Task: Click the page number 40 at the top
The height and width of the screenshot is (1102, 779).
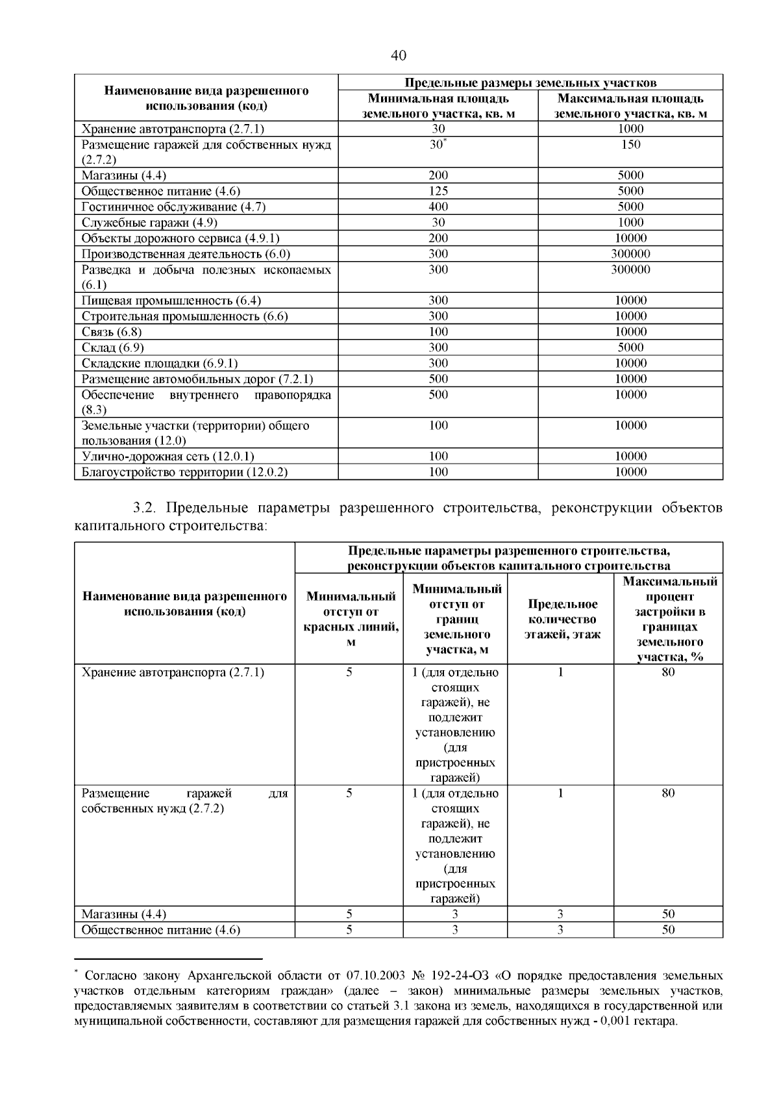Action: (x=399, y=56)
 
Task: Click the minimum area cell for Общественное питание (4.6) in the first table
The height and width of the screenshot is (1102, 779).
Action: (x=438, y=191)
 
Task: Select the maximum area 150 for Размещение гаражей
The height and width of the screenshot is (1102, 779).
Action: (x=630, y=144)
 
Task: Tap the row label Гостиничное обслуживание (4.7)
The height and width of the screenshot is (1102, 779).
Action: (x=173, y=207)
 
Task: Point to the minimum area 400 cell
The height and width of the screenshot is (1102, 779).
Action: (x=438, y=207)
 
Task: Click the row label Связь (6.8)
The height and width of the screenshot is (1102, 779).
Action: (x=112, y=332)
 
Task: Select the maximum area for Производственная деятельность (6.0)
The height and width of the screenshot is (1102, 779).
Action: (x=630, y=254)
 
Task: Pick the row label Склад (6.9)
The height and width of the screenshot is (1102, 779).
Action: (x=112, y=347)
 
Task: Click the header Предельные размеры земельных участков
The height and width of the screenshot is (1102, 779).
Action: (x=530, y=83)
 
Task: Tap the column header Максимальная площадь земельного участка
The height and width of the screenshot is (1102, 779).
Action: (x=630, y=106)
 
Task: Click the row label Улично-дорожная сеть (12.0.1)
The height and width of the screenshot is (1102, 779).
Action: (x=167, y=457)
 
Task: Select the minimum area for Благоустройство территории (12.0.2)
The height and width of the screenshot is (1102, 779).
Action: (x=438, y=472)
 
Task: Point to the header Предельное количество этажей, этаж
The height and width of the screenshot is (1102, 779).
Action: (x=560, y=620)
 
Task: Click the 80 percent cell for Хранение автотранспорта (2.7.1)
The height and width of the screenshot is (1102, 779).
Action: (x=668, y=672)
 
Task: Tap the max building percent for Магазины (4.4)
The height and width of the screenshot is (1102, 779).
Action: (x=668, y=914)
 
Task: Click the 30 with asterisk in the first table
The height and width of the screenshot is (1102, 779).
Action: (x=438, y=144)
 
